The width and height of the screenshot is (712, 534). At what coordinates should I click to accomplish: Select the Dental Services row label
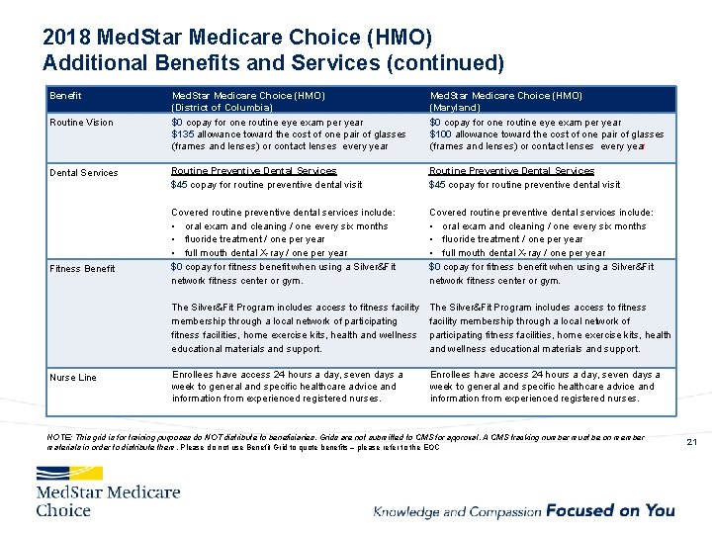click(84, 173)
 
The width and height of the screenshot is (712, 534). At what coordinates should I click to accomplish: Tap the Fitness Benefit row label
click(84, 269)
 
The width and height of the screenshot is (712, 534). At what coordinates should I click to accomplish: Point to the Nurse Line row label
click(73, 378)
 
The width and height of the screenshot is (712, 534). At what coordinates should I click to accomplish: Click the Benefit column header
click(65, 96)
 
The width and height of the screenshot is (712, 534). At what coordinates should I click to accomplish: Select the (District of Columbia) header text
click(222, 107)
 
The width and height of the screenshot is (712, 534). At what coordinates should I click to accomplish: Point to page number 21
click(690, 441)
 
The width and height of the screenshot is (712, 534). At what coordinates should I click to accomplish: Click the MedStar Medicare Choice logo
click(108, 491)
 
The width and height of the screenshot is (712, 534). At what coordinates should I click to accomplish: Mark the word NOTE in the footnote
click(58, 437)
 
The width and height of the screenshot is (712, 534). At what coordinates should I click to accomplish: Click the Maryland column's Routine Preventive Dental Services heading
click(511, 171)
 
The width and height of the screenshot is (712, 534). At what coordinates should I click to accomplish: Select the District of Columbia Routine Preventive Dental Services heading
click(253, 171)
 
